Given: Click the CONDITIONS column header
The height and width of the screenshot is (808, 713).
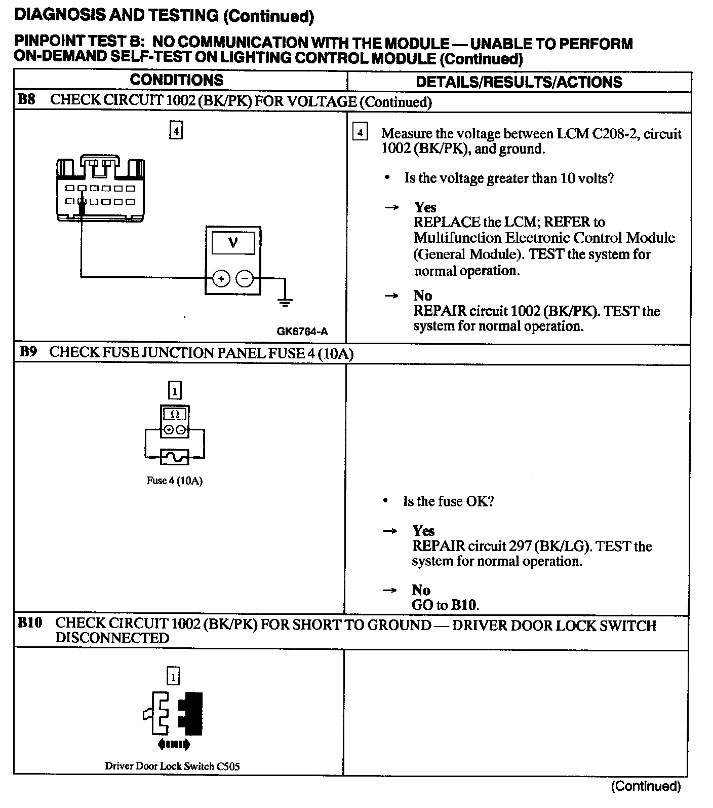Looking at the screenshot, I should point(176,80).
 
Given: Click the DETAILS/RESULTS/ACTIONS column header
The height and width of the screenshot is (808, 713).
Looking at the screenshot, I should point(519,82).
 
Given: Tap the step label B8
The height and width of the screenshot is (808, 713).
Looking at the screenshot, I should point(27,99).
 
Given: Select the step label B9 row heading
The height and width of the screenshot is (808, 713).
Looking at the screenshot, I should point(28,352).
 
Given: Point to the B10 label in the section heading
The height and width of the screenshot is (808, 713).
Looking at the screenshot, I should point(29,622).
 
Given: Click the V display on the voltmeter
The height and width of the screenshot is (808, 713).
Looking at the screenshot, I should point(233,243).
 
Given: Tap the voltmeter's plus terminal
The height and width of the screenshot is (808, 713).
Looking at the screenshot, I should point(221,278).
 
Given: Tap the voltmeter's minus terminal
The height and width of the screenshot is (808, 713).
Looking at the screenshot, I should point(245,278).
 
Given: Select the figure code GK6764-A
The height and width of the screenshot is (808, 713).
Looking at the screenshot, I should point(302,332).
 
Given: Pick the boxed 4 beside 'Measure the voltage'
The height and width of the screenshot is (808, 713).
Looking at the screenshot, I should point(360,133).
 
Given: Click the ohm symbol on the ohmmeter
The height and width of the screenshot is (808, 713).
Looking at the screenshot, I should point(175,414).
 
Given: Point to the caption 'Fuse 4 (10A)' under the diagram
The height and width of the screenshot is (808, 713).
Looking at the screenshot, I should point(175,481).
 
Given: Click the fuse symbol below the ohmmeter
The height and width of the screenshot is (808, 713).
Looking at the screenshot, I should point(175,457).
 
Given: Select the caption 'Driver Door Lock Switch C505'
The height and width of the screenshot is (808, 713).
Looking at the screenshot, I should point(172,766).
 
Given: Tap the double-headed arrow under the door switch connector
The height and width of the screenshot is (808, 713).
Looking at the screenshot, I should point(174,745).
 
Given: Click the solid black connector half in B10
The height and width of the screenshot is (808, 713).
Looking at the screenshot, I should point(193,713).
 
